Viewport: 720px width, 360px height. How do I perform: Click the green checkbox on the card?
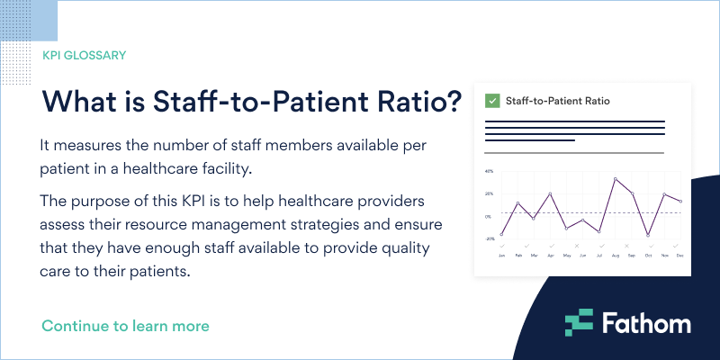click(492, 101)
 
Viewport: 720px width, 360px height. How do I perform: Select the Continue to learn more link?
click(125, 325)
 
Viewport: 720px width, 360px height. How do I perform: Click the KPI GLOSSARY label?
click(84, 55)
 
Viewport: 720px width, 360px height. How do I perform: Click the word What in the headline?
click(80, 101)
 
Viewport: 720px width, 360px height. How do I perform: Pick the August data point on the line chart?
click(616, 178)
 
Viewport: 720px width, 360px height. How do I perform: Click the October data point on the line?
click(648, 235)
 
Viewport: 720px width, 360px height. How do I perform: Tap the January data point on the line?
click(502, 234)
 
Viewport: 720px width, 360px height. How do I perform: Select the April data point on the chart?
click(551, 193)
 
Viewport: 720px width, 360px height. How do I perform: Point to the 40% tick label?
click(489, 171)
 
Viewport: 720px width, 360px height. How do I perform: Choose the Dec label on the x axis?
click(680, 256)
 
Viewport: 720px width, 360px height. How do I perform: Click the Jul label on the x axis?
click(599, 256)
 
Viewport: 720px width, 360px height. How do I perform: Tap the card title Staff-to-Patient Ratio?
click(558, 101)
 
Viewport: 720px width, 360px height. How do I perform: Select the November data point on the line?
click(664, 194)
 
